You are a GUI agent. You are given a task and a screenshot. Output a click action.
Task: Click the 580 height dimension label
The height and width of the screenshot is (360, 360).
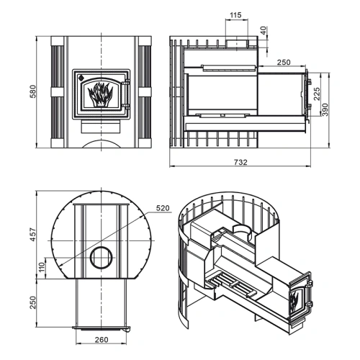pyautogui.click(x=33, y=91)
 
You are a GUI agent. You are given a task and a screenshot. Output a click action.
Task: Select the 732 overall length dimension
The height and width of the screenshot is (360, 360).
pyautogui.click(x=240, y=163)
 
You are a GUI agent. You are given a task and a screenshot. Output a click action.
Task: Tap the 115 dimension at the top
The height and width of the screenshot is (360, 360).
pyautogui.click(x=235, y=15)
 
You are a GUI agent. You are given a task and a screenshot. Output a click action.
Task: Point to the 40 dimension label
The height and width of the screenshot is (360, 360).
pyautogui.click(x=264, y=30)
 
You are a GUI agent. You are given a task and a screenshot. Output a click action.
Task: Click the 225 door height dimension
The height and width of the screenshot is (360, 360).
pyautogui.click(x=317, y=94)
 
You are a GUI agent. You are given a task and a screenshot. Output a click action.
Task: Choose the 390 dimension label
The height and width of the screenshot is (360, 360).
pyautogui.click(x=325, y=109)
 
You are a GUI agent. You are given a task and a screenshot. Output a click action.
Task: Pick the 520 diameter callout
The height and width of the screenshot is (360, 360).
pyautogui.click(x=163, y=208)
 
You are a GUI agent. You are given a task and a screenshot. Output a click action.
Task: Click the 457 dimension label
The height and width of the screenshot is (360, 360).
pyautogui.click(x=33, y=235)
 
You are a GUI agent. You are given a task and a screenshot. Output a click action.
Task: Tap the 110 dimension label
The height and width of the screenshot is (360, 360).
pyautogui.click(x=42, y=267)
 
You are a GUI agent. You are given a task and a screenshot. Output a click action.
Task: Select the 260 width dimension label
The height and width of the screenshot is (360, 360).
pyautogui.click(x=102, y=340)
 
